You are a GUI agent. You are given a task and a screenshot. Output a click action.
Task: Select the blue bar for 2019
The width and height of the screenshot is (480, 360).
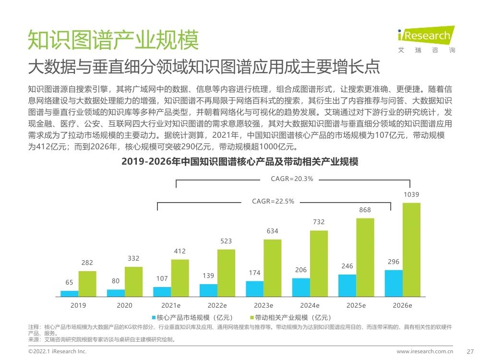tap(69, 293)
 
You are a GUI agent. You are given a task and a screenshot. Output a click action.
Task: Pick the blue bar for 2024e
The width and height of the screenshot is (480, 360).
tap(301, 287)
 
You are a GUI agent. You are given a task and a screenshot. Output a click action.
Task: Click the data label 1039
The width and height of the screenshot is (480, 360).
tap(412, 194)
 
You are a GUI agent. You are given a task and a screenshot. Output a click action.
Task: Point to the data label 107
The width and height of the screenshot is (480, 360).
tap(162, 279)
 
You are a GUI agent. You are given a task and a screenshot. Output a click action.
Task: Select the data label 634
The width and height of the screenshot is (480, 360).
tap(273, 231)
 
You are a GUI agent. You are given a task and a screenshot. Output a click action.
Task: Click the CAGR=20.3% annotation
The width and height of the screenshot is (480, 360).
tap(292, 179)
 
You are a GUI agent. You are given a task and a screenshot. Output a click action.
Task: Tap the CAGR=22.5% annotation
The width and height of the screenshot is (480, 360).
tap(273, 202)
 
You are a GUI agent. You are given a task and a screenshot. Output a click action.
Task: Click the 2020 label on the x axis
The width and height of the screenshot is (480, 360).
tap(124, 305)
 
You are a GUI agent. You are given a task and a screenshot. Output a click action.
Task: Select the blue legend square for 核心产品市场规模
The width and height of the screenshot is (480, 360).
tap(154, 317)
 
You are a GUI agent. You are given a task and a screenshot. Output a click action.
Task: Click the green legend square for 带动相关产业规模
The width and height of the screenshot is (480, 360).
tap(251, 317)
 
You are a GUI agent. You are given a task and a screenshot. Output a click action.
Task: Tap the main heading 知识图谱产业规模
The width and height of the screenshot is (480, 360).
tap(113, 40)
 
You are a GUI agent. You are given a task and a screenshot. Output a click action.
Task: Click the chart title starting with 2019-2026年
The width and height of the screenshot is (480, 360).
tap(240, 162)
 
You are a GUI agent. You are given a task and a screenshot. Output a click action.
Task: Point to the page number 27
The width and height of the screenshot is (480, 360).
tap(470, 351)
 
